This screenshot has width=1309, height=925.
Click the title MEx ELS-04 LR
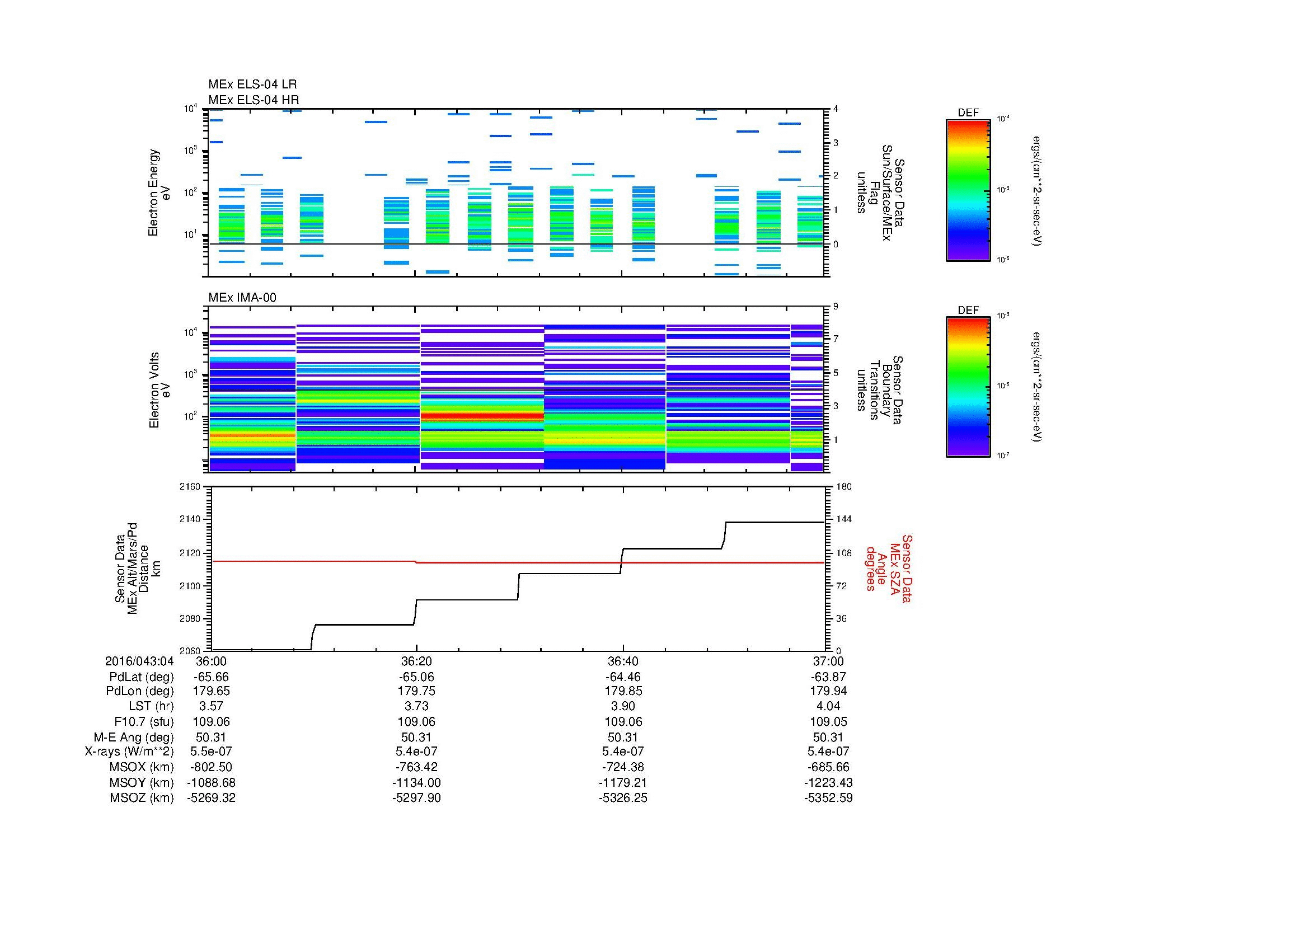[x=252, y=84]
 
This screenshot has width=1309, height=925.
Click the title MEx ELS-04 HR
[x=253, y=100]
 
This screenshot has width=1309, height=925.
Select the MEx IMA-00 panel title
[x=242, y=298]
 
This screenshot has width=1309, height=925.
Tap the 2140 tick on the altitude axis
[x=190, y=520]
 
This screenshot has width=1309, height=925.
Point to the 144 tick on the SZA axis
[x=843, y=519]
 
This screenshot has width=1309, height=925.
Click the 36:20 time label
[x=416, y=661]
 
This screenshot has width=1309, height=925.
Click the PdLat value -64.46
[x=622, y=677]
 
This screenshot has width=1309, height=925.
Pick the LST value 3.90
[x=622, y=706]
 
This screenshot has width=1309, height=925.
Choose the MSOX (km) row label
[x=142, y=767]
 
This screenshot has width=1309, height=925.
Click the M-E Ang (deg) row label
[x=133, y=737]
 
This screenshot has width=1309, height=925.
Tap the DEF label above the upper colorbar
[x=968, y=113]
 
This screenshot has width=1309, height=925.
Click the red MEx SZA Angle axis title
[x=888, y=569]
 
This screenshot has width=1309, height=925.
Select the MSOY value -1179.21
[x=622, y=782]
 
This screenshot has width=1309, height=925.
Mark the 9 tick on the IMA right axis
[x=836, y=307]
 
